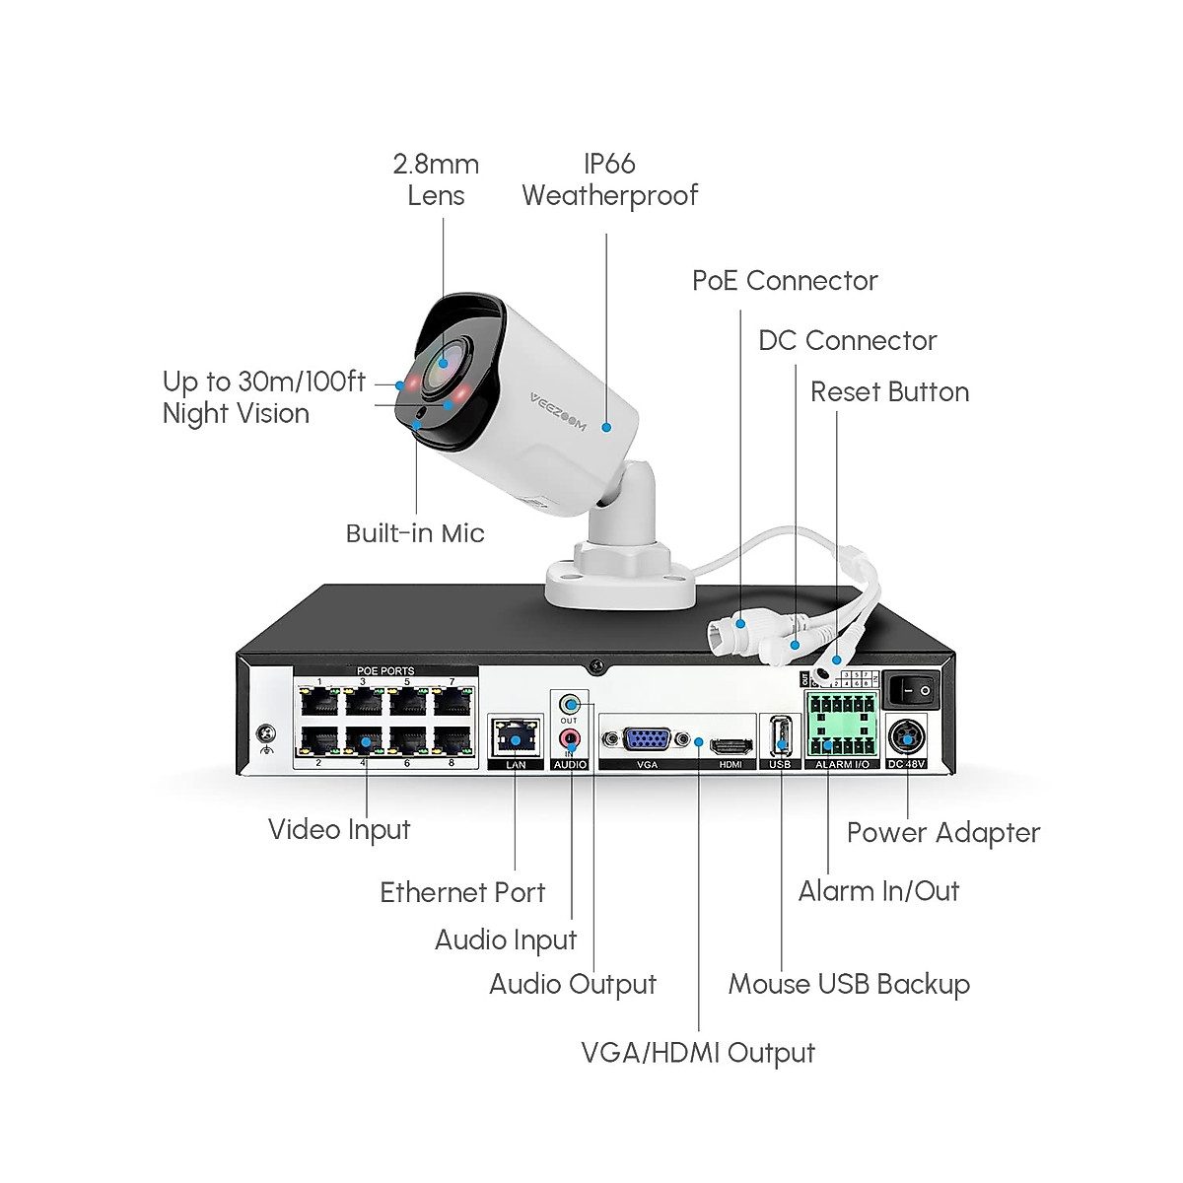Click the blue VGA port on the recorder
(646, 739)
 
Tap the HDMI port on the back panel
(731, 745)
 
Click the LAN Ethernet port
(515, 738)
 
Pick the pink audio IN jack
(570, 737)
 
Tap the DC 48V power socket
(907, 739)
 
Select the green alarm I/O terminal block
(842, 725)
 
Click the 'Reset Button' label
(889, 392)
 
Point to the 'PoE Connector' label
(785, 281)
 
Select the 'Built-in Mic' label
(415, 533)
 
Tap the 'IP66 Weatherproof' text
(609, 179)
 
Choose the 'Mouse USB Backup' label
(849, 984)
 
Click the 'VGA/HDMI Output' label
(698, 1052)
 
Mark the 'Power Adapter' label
(943, 833)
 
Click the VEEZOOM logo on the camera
(558, 411)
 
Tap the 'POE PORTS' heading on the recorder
(385, 671)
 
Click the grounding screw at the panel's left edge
(266, 733)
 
